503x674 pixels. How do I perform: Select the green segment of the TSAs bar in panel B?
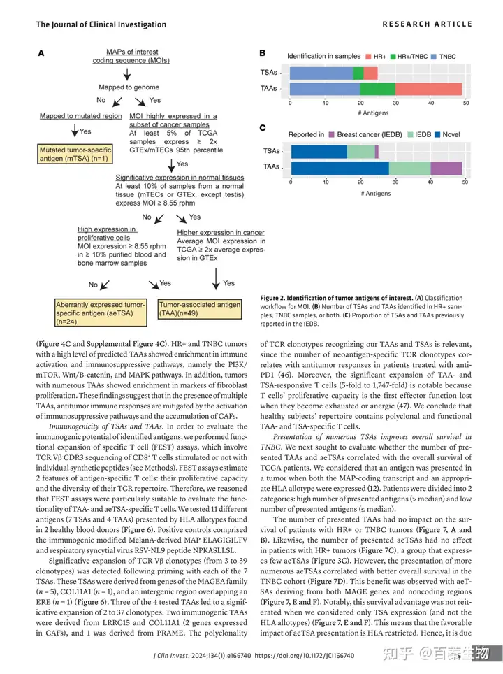pos(358,73)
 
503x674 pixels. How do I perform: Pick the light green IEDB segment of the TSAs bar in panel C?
pos(360,151)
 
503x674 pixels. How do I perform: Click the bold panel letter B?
pos(262,53)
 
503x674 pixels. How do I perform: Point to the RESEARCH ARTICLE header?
pos(427,24)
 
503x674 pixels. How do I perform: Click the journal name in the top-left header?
pos(101,24)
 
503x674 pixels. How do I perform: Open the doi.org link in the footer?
pos(305,656)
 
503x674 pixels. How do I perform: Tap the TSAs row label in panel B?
pos(269,73)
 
